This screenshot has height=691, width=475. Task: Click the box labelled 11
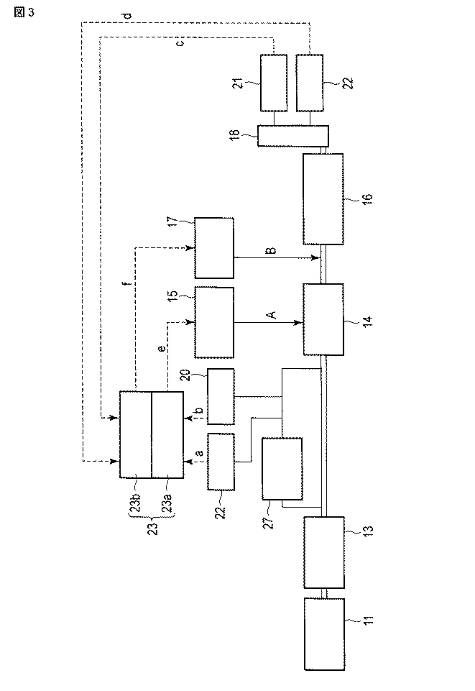point(323,633)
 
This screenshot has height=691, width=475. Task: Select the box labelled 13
point(323,552)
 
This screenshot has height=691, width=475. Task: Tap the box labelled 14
point(323,319)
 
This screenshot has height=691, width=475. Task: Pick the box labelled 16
point(323,199)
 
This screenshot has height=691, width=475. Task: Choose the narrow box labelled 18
point(293,136)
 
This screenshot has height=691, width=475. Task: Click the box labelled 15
point(214,322)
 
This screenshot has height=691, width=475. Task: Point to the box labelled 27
point(282,468)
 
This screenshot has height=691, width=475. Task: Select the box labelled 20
point(221,396)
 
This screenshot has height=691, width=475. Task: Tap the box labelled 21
point(274,83)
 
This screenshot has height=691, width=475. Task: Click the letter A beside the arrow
point(270,314)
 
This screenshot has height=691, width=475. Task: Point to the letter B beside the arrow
point(270,251)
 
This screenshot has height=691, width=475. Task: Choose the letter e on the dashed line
point(162,348)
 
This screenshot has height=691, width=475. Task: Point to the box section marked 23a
point(167,434)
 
